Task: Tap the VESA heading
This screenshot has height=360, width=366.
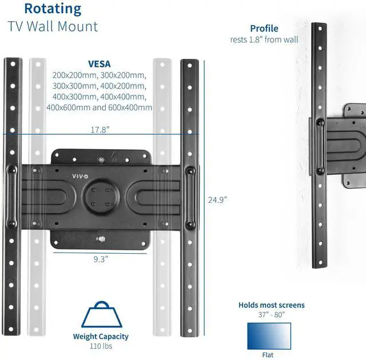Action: click(99, 65)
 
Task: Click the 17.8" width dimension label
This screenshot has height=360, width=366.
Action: click(100, 130)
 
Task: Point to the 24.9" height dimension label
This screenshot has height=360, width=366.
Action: click(217, 199)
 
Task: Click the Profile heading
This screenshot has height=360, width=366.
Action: click(264, 29)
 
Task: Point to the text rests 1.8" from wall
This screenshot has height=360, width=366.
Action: click(264, 39)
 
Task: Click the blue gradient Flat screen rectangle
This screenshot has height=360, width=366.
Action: click(269, 336)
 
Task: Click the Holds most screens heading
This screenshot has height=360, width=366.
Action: click(272, 305)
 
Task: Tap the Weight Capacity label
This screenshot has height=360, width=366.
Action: click(101, 337)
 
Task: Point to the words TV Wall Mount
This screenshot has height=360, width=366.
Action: click(53, 26)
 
